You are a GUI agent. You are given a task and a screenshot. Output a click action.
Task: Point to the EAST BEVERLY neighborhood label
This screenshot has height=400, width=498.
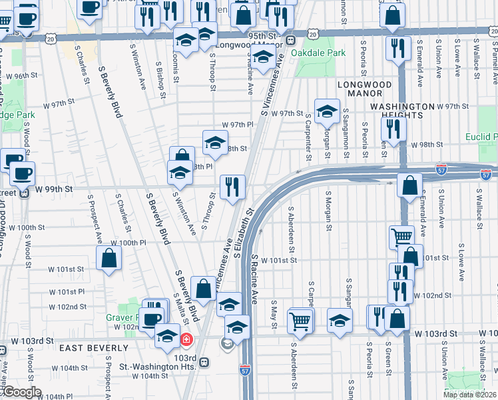point(93,348)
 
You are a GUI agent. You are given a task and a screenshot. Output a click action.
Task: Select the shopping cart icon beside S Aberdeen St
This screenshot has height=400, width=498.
point(300,320)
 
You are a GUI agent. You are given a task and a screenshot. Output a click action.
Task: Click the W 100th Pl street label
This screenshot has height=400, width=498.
point(128,243)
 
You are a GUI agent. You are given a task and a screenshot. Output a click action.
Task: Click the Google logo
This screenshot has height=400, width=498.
point(22,392)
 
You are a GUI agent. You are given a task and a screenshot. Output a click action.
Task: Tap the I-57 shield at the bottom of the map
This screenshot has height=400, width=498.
point(244,386)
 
